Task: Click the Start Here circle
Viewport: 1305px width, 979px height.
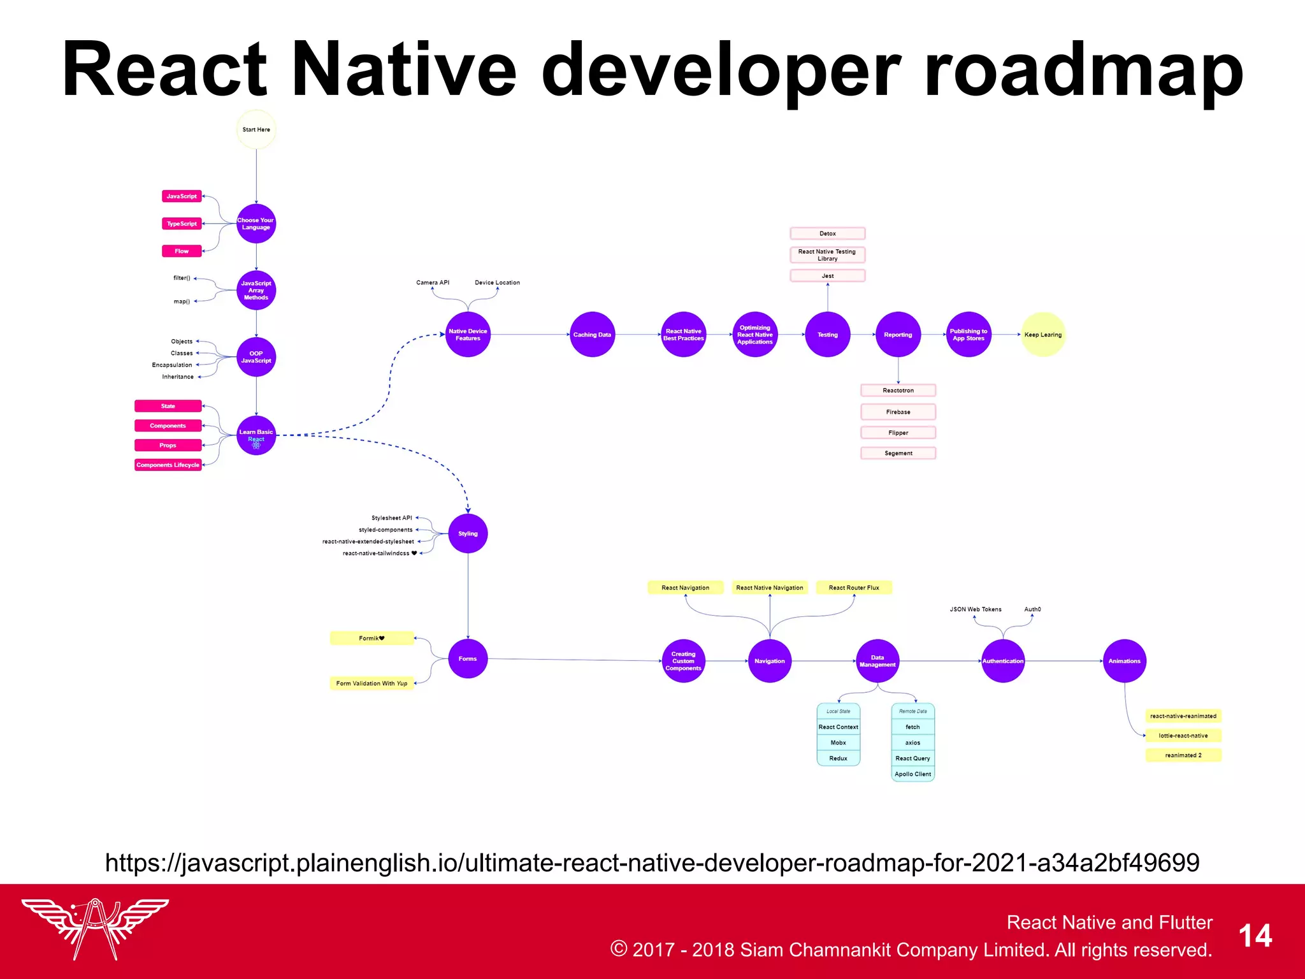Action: [x=256, y=129]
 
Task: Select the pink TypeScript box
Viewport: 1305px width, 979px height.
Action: [x=182, y=224]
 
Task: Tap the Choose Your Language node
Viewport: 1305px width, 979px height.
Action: [x=256, y=224]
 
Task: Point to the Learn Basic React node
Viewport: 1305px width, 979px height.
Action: [x=256, y=435]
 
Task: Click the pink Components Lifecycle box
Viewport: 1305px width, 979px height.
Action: [x=168, y=465]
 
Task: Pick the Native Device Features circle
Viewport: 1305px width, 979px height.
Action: [x=468, y=335]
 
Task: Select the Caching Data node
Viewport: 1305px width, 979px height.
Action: [x=592, y=335]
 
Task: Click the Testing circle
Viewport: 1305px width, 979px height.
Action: [x=828, y=335]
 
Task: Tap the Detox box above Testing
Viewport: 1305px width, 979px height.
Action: [x=828, y=233]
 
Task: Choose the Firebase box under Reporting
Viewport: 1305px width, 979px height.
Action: [x=898, y=412]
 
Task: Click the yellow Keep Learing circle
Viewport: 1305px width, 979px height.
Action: [x=1043, y=335]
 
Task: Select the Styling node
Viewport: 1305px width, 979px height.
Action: [x=468, y=533]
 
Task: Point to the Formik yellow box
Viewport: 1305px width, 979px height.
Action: [x=371, y=638]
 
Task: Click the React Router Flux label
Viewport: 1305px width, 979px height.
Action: [x=854, y=588]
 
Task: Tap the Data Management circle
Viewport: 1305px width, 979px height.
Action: [x=877, y=661]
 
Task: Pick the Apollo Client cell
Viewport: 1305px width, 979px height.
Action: [x=912, y=774]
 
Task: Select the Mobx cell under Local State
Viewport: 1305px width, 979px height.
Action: [x=839, y=743]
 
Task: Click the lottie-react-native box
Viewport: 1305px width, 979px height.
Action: [x=1183, y=736]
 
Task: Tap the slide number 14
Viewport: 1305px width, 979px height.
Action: [x=1255, y=936]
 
